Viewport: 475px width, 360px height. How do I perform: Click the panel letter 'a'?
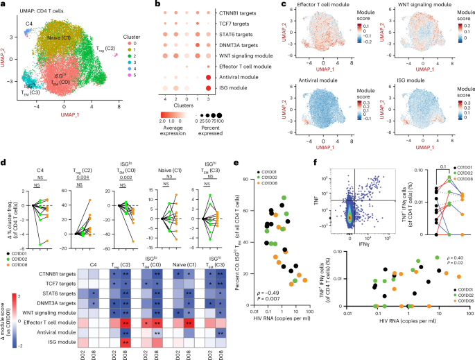3,5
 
